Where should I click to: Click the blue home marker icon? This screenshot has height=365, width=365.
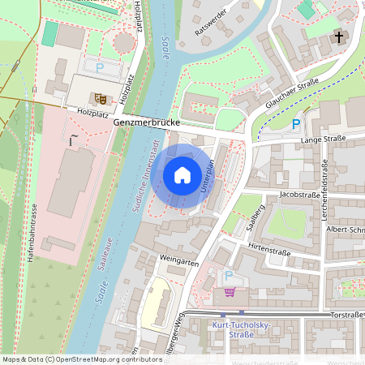(182, 175)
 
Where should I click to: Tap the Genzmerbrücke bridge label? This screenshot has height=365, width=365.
(151, 122)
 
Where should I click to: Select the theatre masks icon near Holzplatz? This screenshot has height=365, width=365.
(101, 98)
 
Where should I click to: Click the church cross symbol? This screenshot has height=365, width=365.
(337, 38)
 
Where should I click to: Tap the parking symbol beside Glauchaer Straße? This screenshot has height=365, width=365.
(296, 124)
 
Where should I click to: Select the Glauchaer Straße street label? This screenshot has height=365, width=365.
(289, 93)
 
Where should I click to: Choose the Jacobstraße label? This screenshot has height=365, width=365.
(298, 195)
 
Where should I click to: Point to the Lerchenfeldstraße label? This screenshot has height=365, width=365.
(327, 186)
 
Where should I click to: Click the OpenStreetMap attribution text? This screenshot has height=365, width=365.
(81, 359)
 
